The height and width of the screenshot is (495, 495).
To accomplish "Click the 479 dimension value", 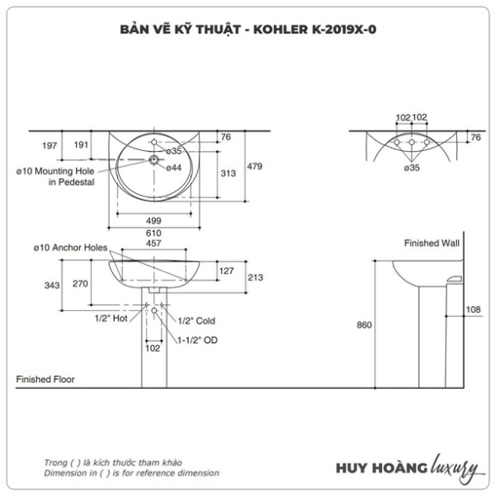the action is (x=255, y=166).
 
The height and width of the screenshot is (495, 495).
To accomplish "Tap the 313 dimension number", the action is (x=228, y=174).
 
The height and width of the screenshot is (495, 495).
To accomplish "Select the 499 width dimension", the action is (x=153, y=220).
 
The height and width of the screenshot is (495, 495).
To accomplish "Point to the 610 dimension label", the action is (x=153, y=233).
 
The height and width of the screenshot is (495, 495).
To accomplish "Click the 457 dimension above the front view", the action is (x=153, y=243).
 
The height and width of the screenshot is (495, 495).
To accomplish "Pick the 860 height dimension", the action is (x=364, y=325).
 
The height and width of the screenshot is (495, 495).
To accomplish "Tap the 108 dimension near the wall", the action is (x=473, y=309).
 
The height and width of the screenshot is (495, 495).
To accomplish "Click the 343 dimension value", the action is (x=51, y=285).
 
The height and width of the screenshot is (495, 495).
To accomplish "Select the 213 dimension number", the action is (x=255, y=277).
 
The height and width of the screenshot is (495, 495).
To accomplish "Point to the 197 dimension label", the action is (x=50, y=146).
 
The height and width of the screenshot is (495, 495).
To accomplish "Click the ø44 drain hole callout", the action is (x=174, y=168).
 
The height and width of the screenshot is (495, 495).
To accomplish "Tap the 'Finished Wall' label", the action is (x=432, y=243).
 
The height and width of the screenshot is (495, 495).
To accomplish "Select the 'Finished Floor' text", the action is (x=46, y=379).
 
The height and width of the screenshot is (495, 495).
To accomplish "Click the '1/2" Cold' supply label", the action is (x=196, y=320).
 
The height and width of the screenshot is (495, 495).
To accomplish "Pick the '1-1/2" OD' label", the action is (x=197, y=340).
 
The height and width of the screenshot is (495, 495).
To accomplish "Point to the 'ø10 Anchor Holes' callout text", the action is (x=70, y=248).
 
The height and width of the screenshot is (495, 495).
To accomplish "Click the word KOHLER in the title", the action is (x=280, y=30).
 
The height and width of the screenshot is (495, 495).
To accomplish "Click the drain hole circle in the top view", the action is (x=153, y=159).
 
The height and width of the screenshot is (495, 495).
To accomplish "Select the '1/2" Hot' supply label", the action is (x=111, y=318).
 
